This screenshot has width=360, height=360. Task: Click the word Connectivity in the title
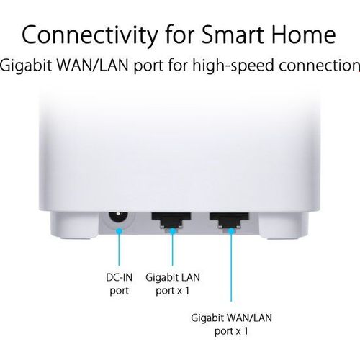pyautogui.click(x=90, y=35)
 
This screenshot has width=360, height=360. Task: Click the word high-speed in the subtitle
pyautogui.click(x=233, y=66)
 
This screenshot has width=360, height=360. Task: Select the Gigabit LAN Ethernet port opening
pyautogui.click(x=171, y=220)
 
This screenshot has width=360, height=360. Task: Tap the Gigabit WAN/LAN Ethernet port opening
pyautogui.click(x=229, y=220)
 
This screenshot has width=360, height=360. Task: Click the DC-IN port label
pyautogui.click(x=120, y=284)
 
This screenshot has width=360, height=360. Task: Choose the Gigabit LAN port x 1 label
pyautogui.click(x=173, y=284)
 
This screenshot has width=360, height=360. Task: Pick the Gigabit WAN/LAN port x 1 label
pyautogui.click(x=231, y=324)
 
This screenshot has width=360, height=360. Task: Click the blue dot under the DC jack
pyautogui.click(x=120, y=231)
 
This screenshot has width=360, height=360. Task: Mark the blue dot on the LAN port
pyautogui.click(x=172, y=231)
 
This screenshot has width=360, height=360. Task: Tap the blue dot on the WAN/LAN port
pyautogui.click(x=231, y=231)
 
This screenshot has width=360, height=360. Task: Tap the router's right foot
pyautogui.click(x=284, y=225)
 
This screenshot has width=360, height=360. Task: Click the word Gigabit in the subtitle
pyautogui.click(x=26, y=66)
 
